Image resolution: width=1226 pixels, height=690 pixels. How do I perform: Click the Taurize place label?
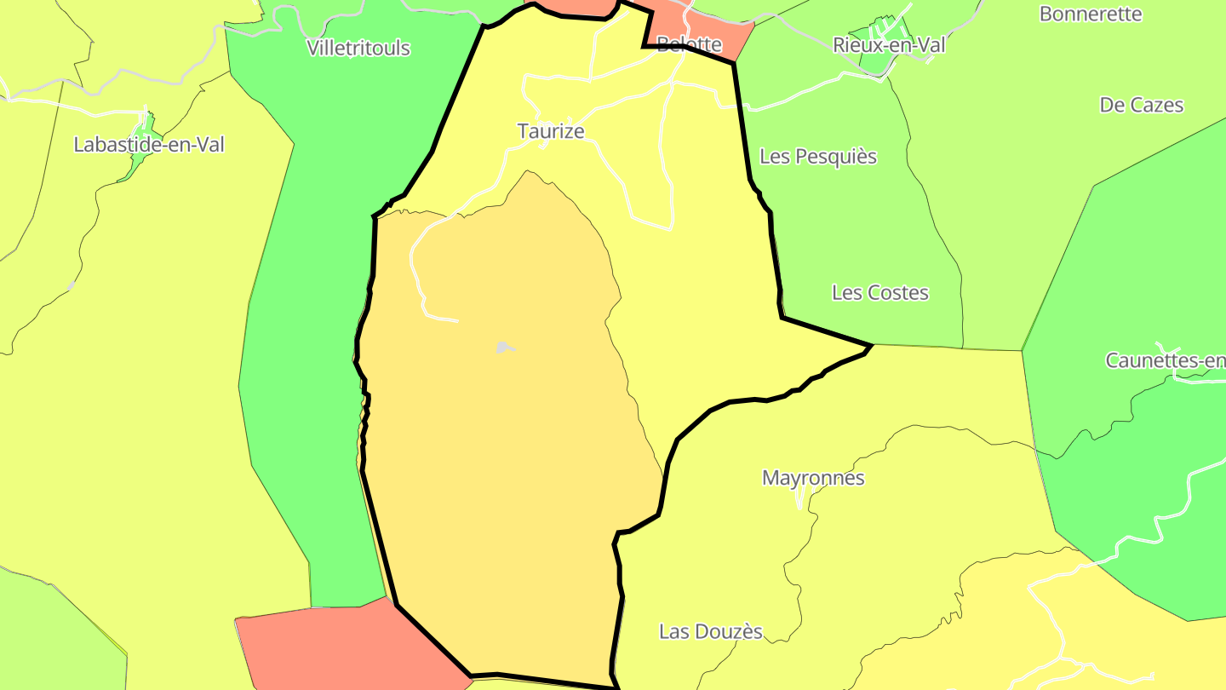(x=551, y=131)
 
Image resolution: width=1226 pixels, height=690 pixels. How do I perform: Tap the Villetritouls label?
(x=358, y=49)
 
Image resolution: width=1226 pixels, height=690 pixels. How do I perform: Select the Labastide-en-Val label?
(x=149, y=145)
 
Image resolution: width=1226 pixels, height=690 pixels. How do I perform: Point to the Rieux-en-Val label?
(x=889, y=45)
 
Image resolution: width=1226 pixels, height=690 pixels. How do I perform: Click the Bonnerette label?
(x=1091, y=14)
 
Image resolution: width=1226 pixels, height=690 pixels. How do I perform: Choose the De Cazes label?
(x=1142, y=106)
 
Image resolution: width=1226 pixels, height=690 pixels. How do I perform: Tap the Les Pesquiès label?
(x=818, y=157)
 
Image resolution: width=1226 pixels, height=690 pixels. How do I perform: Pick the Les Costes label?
(x=880, y=293)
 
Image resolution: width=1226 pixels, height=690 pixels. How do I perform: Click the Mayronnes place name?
(x=813, y=478)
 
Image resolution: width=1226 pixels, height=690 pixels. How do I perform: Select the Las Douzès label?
(x=711, y=632)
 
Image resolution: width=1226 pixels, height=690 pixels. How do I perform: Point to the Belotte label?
(x=689, y=44)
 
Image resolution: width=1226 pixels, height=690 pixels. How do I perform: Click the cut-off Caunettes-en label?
(x=1165, y=360)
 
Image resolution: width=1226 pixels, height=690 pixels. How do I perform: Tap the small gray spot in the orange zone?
(x=504, y=348)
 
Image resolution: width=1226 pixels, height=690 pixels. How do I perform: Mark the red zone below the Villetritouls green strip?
(x=341, y=647)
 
